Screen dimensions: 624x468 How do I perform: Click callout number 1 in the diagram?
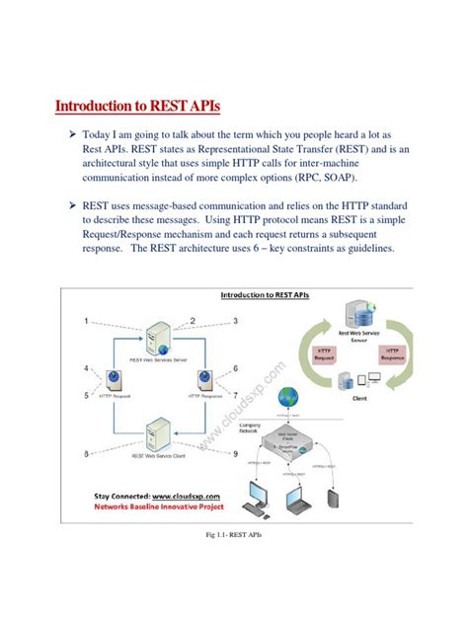tap(88, 321)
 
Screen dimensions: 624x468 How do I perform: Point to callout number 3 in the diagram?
tap(236, 321)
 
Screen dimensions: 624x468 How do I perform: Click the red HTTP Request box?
tap(323, 354)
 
